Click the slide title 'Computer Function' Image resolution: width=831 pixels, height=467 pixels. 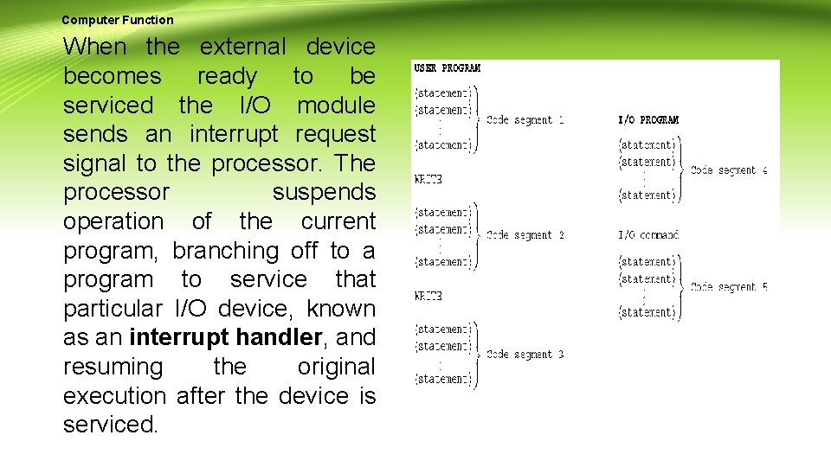[118, 20]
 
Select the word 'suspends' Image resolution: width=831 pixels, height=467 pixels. [324, 192]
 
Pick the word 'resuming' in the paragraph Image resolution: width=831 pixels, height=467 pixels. [113, 367]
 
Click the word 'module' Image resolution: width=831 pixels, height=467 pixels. [336, 106]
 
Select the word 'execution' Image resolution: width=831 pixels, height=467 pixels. [114, 396]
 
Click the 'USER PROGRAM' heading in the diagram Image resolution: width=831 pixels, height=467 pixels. [448, 68]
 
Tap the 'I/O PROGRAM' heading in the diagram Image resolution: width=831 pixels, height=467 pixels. [648, 120]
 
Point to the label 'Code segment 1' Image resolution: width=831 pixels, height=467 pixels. [525, 120]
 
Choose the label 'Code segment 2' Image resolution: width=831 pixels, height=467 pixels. [525, 235]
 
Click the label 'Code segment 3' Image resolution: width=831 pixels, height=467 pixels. [525, 355]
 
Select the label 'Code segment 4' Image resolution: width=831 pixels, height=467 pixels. [729, 170]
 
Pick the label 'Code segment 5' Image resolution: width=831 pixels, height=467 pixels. [729, 287]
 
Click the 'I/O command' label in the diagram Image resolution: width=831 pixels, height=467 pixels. [648, 235]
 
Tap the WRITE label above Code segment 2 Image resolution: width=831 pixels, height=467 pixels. [428, 180]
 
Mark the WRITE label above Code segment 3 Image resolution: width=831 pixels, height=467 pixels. [428, 296]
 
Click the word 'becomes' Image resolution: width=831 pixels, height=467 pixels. [112, 76]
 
